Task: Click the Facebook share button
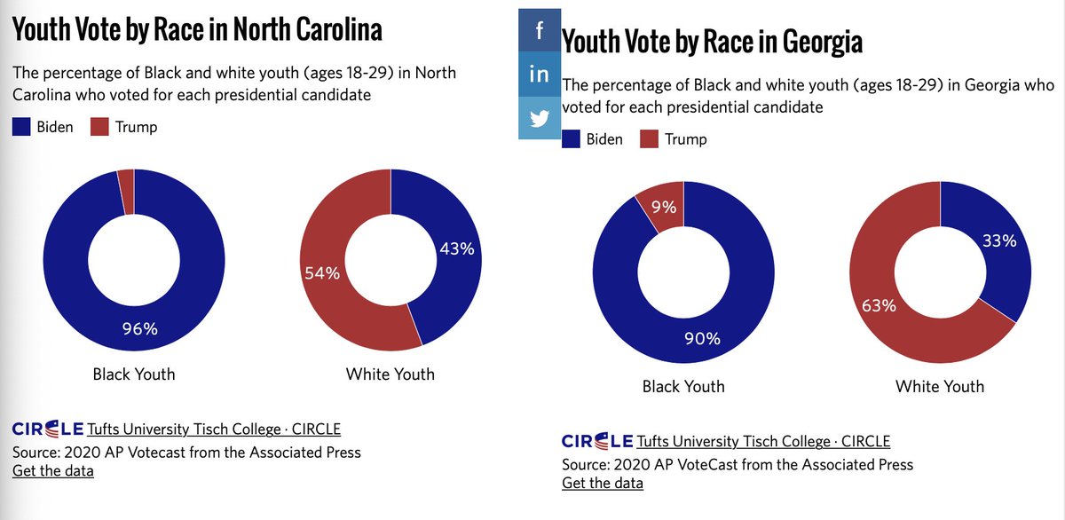click(x=540, y=31)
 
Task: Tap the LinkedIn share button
click(x=540, y=75)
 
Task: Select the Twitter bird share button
click(x=540, y=118)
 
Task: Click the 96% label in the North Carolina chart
click(x=139, y=329)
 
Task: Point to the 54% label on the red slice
click(x=322, y=273)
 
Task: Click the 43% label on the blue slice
click(x=457, y=250)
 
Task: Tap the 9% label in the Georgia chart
click(x=664, y=209)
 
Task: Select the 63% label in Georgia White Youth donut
click(x=879, y=307)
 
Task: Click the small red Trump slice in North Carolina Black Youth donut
click(x=125, y=191)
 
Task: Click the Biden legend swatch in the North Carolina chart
click(x=22, y=127)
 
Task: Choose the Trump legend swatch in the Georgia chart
click(x=650, y=139)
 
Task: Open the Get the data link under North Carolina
click(x=52, y=470)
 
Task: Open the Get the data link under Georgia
click(x=603, y=483)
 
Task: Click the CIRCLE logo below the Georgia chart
click(x=596, y=441)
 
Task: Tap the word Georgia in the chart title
click(x=814, y=42)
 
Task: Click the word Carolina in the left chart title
click(x=335, y=30)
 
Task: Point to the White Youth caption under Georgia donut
click(x=940, y=386)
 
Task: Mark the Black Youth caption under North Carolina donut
click(x=134, y=374)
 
